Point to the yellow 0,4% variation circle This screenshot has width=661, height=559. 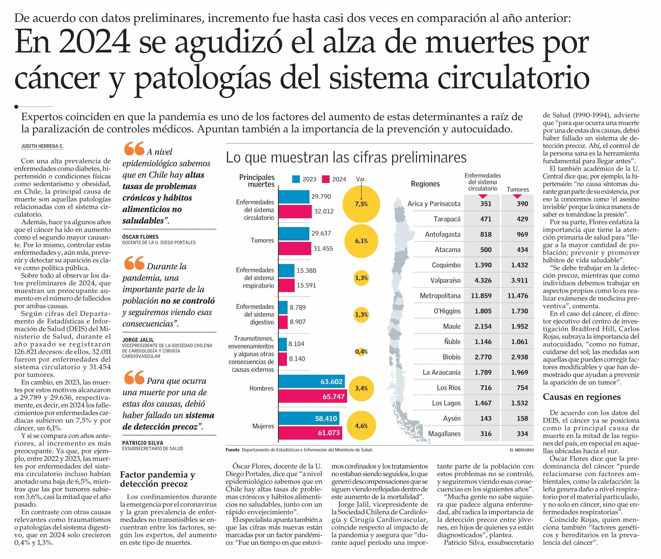[x=361, y=352]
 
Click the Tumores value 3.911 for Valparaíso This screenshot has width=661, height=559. [x=519, y=280]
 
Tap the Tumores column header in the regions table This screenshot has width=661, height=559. [x=518, y=190]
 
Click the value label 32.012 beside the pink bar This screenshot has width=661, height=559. [x=324, y=211]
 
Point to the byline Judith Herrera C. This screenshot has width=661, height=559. [x=42, y=146]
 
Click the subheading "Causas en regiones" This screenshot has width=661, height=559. [x=581, y=397]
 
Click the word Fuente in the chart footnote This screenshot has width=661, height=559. [x=232, y=450]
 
